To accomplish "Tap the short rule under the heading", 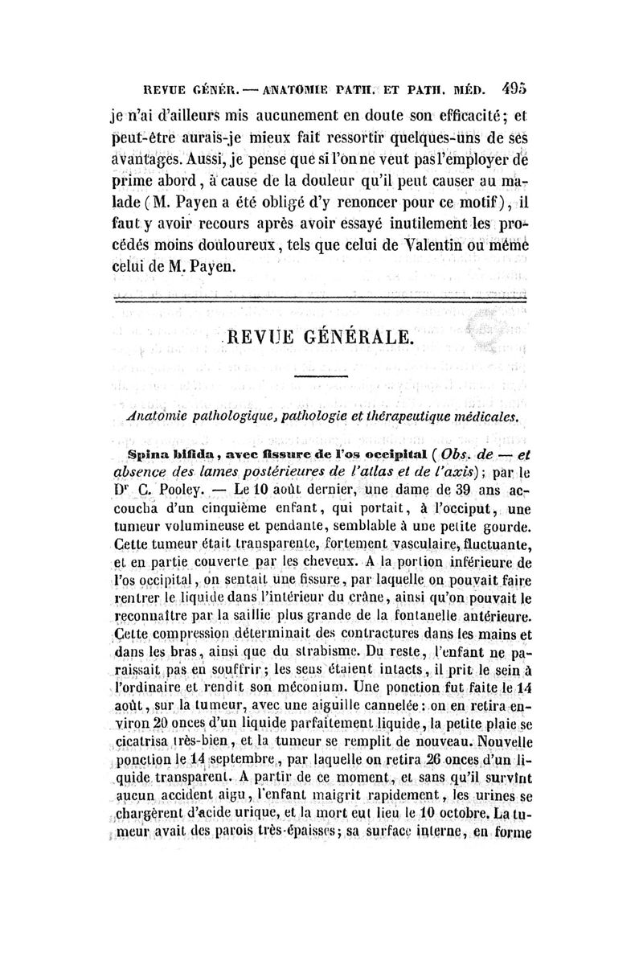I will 321,376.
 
